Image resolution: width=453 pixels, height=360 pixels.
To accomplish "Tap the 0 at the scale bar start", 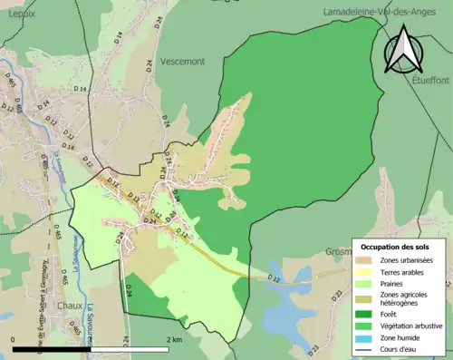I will point(14,339).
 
